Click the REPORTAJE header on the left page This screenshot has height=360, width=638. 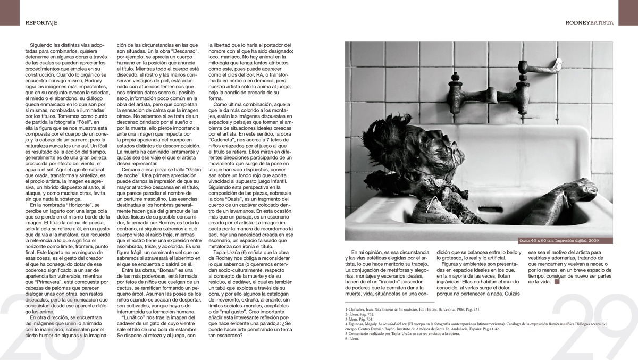(x=41, y=23)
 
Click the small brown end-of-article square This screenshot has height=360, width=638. (x=557, y=282)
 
